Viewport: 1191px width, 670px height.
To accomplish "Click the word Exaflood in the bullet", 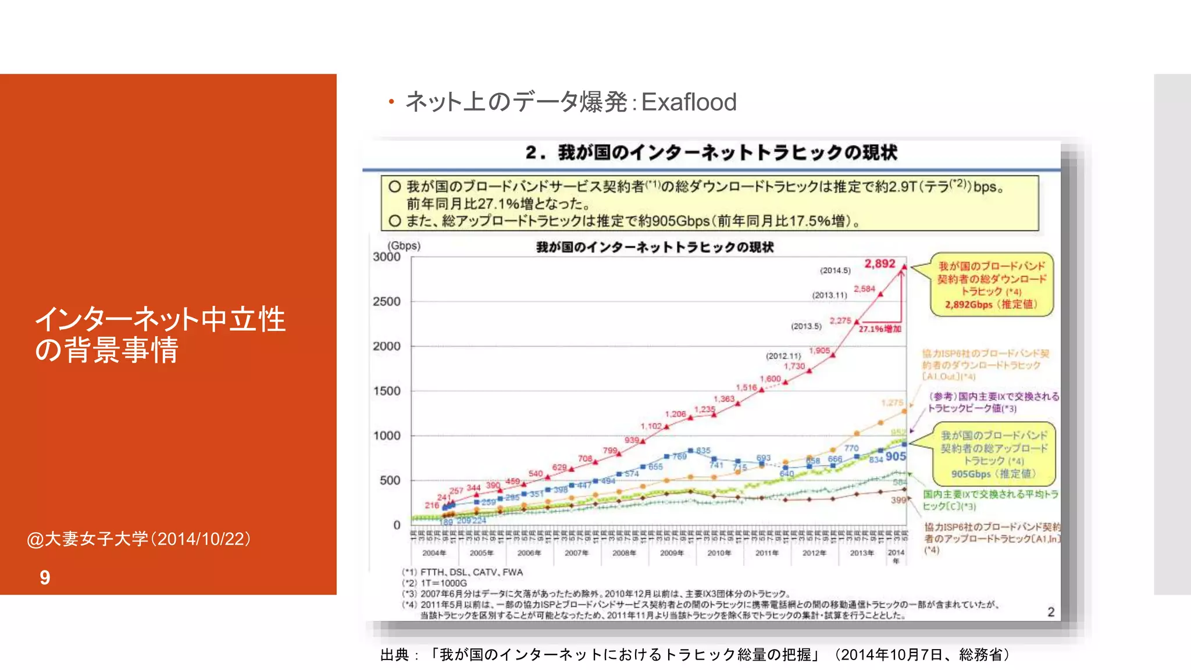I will [689, 102].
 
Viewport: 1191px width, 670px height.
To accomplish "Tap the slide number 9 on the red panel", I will [45, 578].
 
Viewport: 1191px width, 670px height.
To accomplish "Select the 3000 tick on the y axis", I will [387, 257].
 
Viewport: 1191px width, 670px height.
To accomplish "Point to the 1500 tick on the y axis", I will [387, 391].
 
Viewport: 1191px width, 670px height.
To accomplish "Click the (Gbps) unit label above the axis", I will [404, 245].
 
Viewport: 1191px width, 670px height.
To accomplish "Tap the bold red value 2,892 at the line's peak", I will [879, 263].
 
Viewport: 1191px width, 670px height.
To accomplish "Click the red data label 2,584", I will [864, 288].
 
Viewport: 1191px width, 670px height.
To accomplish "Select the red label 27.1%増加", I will [880, 329].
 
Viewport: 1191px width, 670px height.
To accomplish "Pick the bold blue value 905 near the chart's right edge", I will [896, 457].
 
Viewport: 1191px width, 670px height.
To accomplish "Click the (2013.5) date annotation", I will [806, 326].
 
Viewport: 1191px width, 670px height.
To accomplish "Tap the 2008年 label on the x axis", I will [623, 553].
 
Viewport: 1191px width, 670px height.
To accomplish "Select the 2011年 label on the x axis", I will [766, 553].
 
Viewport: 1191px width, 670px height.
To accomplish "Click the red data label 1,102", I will [651, 426].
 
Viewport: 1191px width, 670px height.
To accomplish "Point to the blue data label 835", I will [703, 450].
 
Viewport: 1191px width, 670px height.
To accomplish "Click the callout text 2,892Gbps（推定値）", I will [991, 305].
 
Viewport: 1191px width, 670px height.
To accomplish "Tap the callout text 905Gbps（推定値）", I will [993, 474].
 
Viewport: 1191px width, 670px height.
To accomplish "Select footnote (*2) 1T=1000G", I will [434, 583].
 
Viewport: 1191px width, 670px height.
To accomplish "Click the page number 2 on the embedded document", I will [1051, 612].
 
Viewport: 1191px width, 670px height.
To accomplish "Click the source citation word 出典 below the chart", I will [395, 655].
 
